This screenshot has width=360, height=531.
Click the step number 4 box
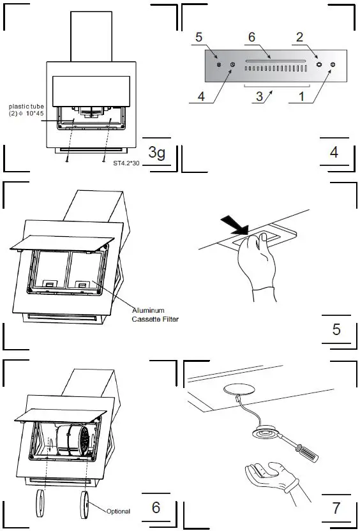coord(334,153)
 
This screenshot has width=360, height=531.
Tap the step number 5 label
coord(336,329)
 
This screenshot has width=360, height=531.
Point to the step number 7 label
coord(336,508)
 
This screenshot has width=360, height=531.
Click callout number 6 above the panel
coord(251,37)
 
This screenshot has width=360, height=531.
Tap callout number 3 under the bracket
coord(258,97)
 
